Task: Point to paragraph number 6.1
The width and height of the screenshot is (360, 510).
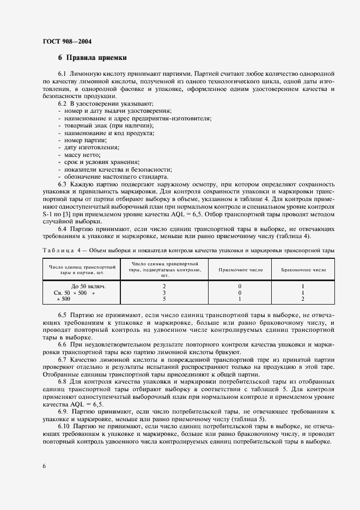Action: [x=63, y=73]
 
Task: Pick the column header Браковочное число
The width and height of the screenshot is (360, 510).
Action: [x=303, y=269]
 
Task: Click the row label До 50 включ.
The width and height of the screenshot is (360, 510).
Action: [x=88, y=286]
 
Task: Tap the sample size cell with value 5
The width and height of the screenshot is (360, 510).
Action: [x=164, y=299]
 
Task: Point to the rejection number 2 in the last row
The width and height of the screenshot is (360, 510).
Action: [x=302, y=299]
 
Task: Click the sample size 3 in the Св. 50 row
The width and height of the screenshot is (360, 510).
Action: [x=164, y=292]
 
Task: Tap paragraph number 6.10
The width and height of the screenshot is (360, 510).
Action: [x=64, y=427]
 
